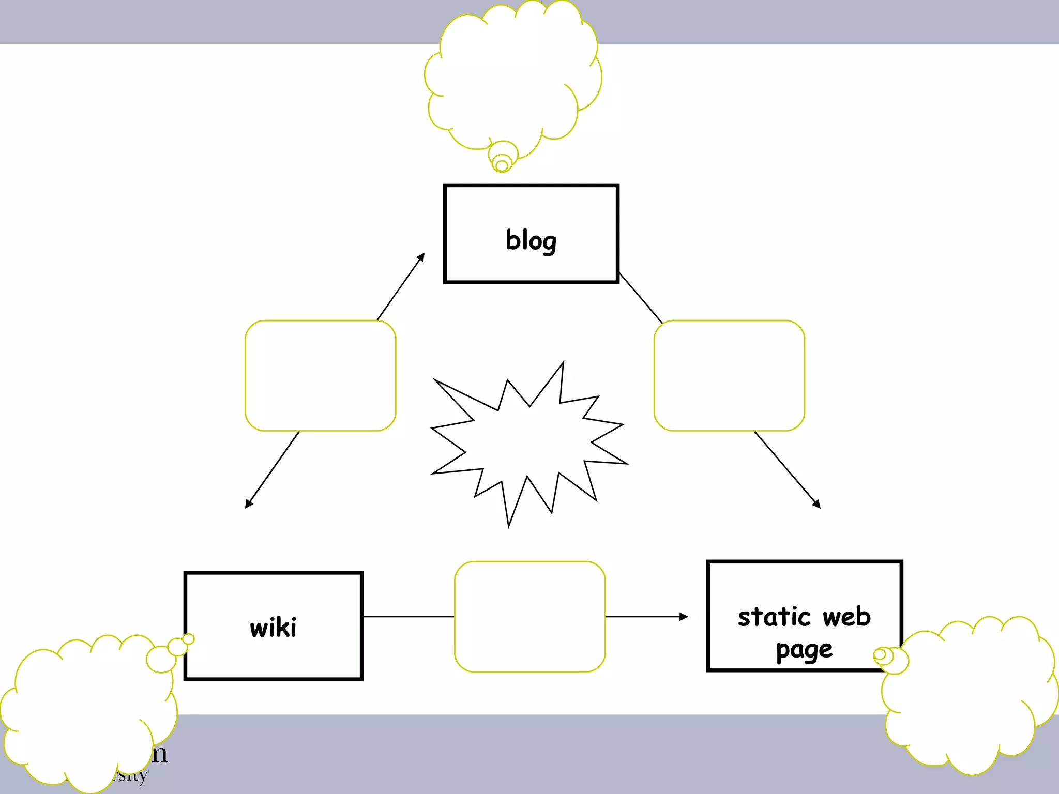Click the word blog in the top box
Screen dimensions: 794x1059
[531, 240]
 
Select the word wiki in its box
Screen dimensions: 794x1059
[273, 628]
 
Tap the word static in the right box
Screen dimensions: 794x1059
[774, 617]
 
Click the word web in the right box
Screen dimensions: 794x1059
[846, 617]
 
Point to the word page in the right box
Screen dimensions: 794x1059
[804, 650]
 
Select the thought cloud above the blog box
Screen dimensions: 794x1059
[512, 78]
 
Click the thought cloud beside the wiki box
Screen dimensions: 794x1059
[88, 713]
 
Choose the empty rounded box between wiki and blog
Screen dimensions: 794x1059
[321, 376]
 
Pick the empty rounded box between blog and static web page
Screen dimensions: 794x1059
[729, 376]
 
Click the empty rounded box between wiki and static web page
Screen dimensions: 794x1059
[530, 617]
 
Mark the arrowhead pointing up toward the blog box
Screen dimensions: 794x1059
[421, 257]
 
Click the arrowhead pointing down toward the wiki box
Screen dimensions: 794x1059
[248, 504]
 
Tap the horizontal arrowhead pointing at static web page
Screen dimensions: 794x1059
[684, 617]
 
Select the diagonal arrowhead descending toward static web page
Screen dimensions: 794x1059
[816, 504]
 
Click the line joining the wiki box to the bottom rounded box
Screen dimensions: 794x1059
[409, 617]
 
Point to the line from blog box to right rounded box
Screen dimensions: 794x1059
[641, 298]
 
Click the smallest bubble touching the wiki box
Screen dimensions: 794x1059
[189, 639]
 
